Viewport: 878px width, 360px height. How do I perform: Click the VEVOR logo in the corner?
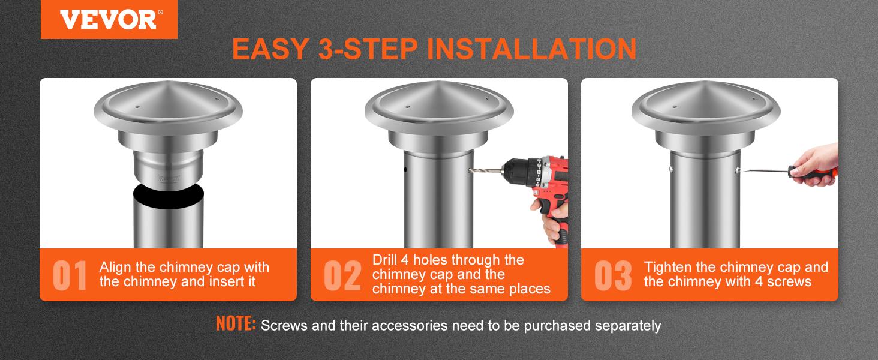[x=109, y=19]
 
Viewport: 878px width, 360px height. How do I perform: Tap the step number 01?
[x=70, y=275]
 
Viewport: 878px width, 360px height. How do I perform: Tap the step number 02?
[x=342, y=275]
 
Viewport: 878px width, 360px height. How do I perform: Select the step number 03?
[x=613, y=275]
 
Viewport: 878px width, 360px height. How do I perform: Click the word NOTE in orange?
[x=236, y=325]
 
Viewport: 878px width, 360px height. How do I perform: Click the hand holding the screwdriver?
[x=813, y=161]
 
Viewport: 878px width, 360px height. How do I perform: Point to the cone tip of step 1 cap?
[x=167, y=84]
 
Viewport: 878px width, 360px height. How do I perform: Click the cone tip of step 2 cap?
[x=438, y=84]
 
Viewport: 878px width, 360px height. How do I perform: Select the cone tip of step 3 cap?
[x=706, y=84]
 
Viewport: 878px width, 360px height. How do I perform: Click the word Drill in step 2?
[x=387, y=260]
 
